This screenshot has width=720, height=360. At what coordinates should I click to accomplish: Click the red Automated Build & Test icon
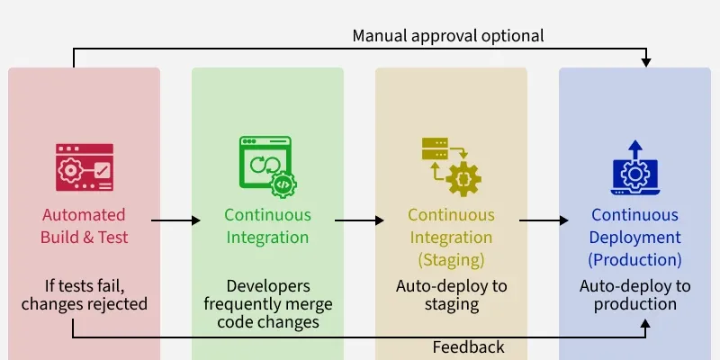click(85, 166)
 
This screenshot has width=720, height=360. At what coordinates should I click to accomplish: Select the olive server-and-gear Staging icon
click(451, 166)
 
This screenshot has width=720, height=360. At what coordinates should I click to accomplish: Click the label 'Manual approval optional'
click(448, 36)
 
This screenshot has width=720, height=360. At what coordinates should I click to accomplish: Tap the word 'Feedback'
click(468, 347)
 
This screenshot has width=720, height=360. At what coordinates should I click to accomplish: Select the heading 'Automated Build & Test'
click(85, 226)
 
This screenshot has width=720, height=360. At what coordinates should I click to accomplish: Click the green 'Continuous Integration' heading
click(267, 226)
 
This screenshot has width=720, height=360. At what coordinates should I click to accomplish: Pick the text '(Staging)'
click(451, 260)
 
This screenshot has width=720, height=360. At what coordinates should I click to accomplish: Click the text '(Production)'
click(635, 260)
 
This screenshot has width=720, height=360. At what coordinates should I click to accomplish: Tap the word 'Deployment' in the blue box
click(635, 238)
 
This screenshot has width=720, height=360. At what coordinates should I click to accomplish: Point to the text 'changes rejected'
click(85, 304)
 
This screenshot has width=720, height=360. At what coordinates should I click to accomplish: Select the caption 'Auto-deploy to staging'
click(451, 295)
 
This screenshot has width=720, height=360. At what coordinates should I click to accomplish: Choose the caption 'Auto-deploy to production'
click(635, 295)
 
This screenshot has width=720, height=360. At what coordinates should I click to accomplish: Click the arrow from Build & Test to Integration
click(175, 220)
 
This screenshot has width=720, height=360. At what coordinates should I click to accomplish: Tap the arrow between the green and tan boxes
click(359, 220)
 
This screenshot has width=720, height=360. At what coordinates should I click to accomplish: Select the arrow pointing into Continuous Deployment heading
click(544, 220)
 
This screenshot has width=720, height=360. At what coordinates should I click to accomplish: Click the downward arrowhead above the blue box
click(646, 61)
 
